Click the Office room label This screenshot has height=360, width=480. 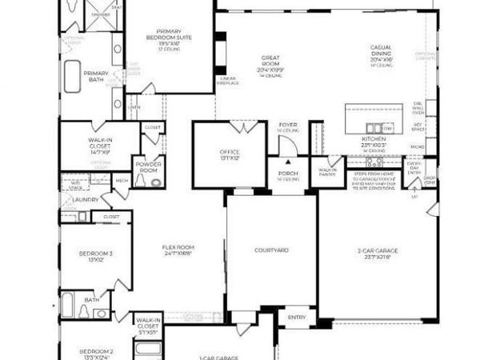pyautogui.click(x=230, y=154)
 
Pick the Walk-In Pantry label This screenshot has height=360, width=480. pyautogui.click(x=328, y=170)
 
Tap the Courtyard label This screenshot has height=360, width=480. pyautogui.click(x=271, y=250)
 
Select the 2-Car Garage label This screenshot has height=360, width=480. pyautogui.click(x=378, y=254)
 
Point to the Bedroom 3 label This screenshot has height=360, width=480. pyautogui.click(x=95, y=256)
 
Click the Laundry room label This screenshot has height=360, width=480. pyautogui.click(x=85, y=199)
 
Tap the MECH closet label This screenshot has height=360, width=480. pyautogui.click(x=122, y=181)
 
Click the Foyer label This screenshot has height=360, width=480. pyautogui.click(x=288, y=126)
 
